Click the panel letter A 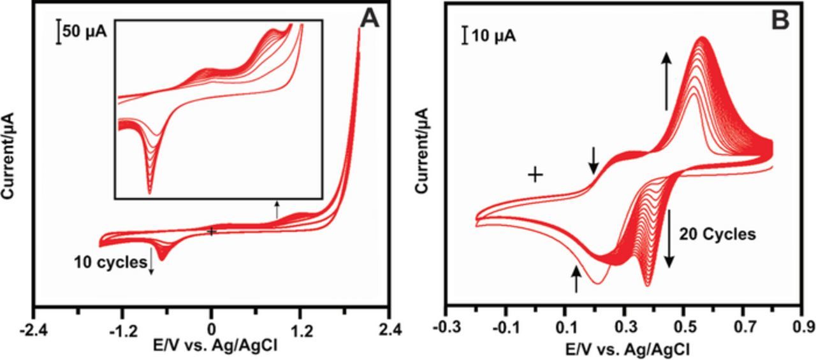pos(369,20)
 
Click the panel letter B pos(780,20)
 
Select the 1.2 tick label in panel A pos(301,331)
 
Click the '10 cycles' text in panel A pos(110,262)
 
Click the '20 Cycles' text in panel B pos(718,234)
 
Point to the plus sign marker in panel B pos(535,174)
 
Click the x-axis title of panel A pos(211,346)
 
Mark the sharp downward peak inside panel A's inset pos(150,191)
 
